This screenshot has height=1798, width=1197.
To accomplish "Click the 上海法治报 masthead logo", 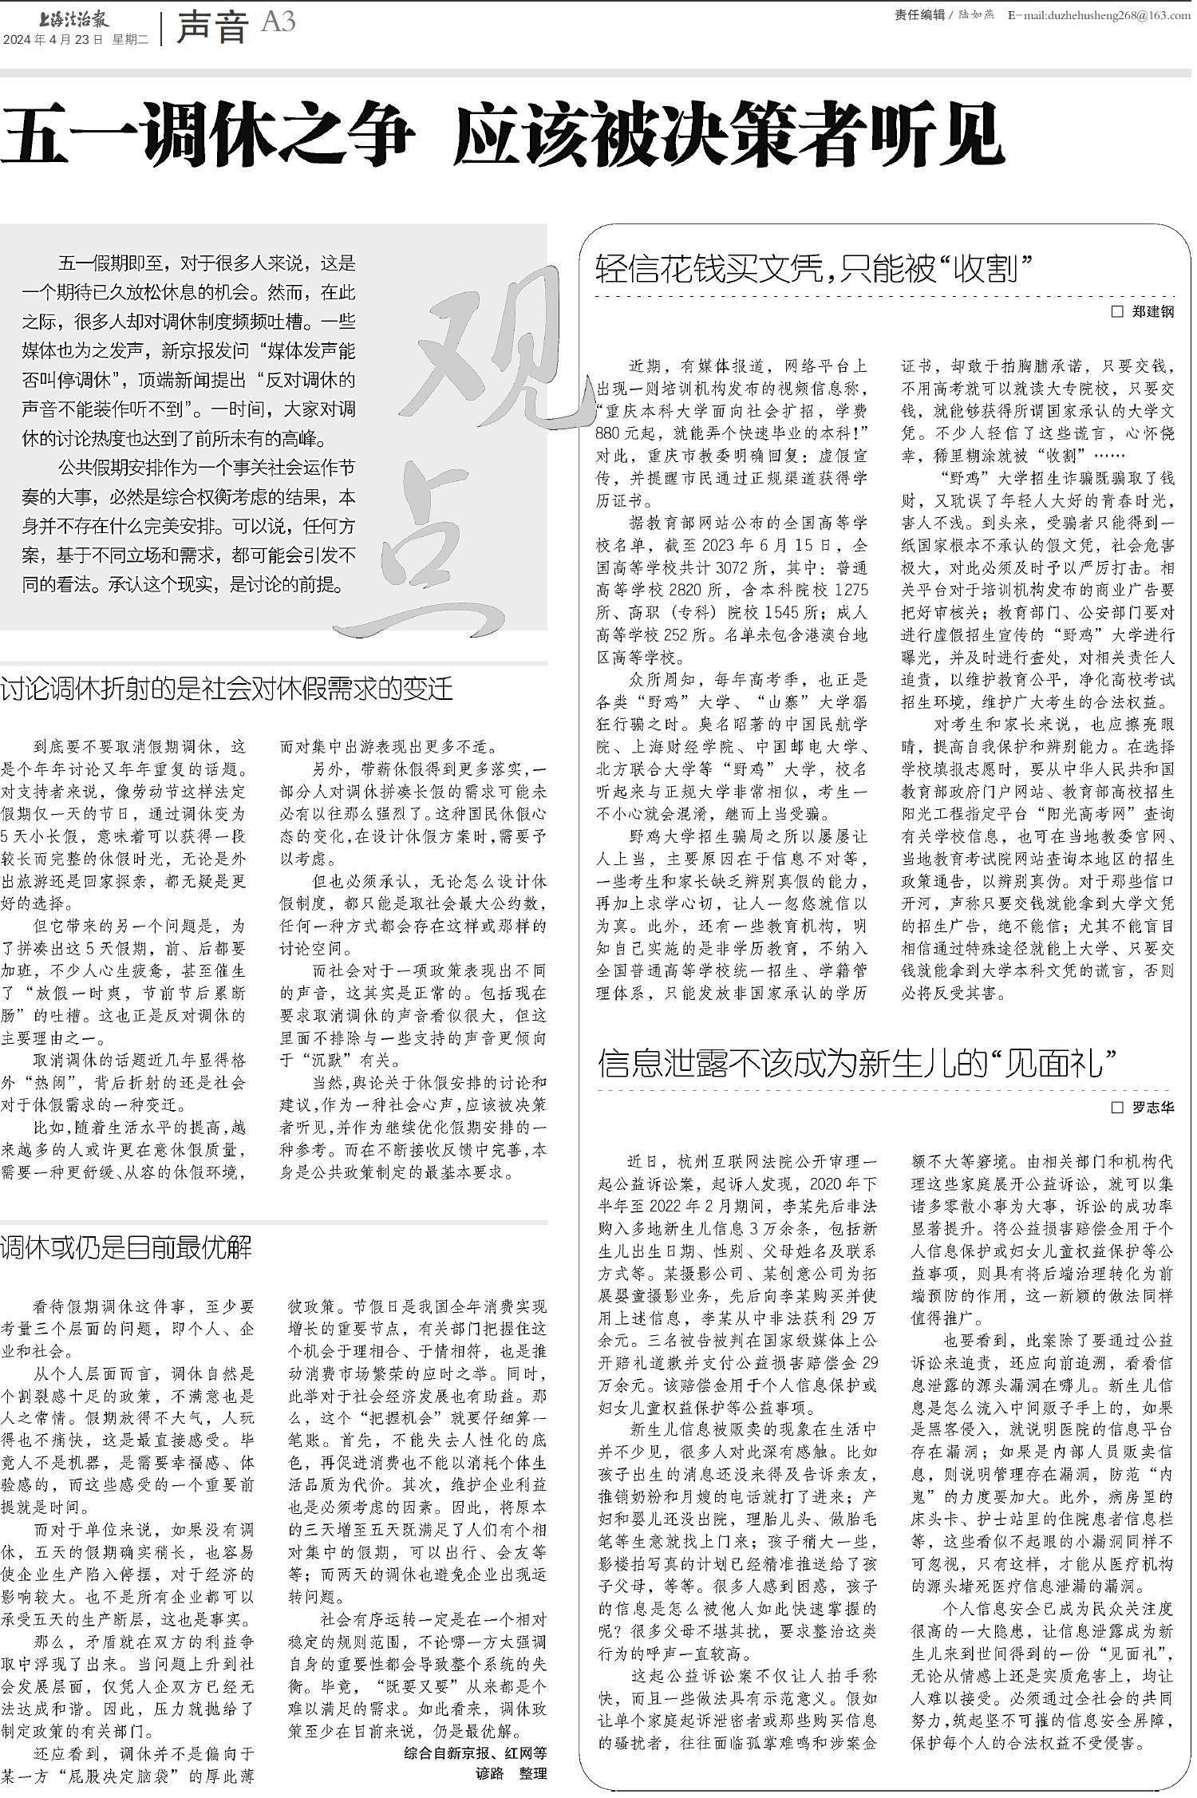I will tap(73, 18).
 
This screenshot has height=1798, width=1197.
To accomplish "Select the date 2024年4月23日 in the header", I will tap(53, 39).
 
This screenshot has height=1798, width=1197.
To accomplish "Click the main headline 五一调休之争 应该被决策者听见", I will tap(502, 135).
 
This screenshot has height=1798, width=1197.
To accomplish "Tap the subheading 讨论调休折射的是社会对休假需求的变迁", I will tap(227, 689).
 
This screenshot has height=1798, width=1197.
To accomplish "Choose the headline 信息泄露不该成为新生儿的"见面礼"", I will tap(857, 1063).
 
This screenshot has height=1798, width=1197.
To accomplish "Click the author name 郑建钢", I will tap(1153, 312).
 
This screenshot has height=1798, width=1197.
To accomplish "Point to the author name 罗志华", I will tap(1153, 1108).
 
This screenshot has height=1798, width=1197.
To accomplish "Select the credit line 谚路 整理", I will tap(511, 1772).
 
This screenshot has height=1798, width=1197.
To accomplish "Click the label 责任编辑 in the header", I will tap(919, 15).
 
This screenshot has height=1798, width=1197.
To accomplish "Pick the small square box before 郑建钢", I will tap(1117, 312).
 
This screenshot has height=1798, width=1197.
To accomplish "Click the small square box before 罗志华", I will tap(1117, 1108).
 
